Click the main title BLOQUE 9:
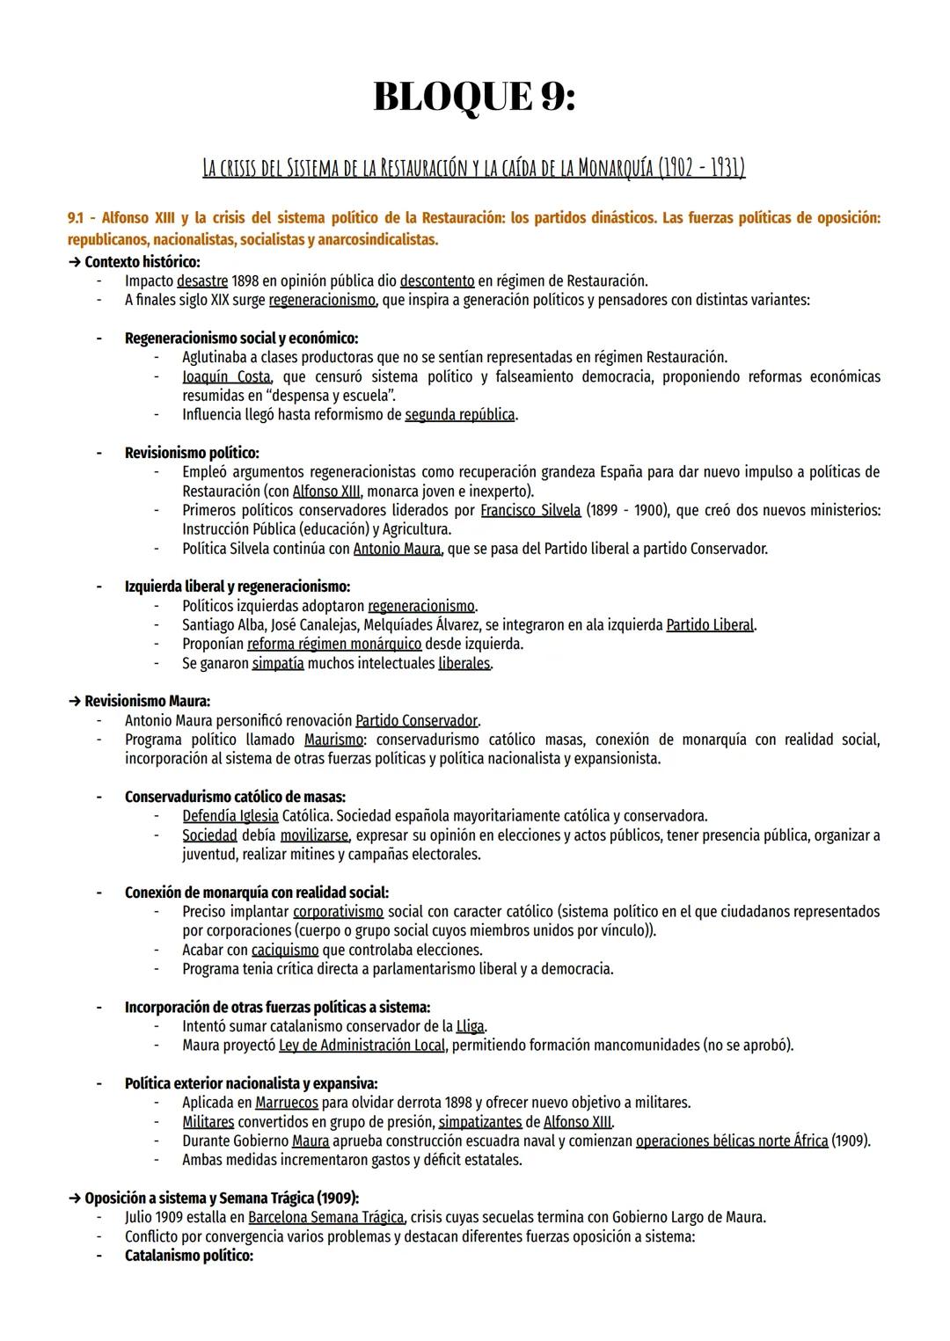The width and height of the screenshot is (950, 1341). (474, 97)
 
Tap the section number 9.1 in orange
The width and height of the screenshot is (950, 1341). (77, 217)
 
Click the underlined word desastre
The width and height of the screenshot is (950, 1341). (201, 281)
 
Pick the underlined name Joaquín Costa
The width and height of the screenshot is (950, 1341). (226, 377)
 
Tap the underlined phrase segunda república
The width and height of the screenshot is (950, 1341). (459, 414)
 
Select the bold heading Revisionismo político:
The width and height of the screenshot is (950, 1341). (192, 453)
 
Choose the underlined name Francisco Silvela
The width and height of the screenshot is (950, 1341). (530, 511)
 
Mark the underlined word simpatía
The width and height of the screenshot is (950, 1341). (278, 663)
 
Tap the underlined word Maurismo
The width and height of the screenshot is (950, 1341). (335, 740)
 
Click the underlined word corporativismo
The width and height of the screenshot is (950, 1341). (338, 912)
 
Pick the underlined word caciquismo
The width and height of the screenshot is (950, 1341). (285, 950)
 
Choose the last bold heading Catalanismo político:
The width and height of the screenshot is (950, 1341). (188, 1256)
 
